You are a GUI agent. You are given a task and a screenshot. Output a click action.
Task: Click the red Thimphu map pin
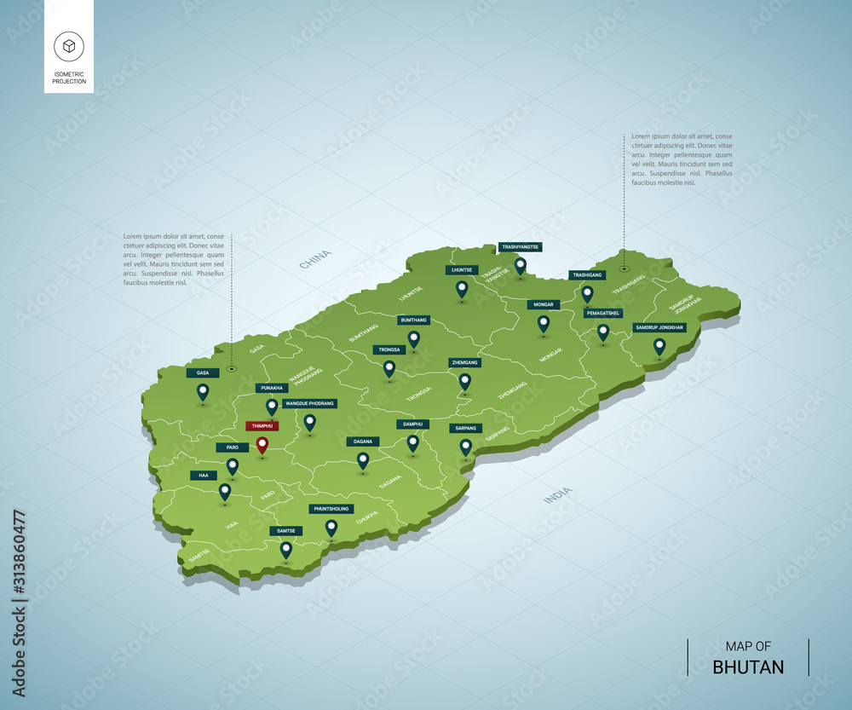262,444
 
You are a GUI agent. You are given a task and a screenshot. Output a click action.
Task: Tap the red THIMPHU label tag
260,425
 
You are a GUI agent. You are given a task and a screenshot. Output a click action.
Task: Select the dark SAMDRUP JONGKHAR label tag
659,327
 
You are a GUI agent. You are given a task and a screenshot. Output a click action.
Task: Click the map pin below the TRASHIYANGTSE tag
520,265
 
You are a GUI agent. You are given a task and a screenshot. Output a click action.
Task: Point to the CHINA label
315,259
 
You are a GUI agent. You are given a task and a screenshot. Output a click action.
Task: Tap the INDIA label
558,495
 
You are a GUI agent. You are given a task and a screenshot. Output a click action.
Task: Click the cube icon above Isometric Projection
68,46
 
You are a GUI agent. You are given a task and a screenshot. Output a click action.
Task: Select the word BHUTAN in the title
748,667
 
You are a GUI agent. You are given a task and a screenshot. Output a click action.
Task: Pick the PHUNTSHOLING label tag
331,509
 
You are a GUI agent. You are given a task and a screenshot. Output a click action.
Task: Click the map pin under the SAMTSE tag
286,549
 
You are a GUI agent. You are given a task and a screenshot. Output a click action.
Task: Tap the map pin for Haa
225,491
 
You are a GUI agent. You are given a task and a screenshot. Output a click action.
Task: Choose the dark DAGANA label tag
363,442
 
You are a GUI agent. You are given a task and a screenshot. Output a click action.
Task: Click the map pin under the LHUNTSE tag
462,289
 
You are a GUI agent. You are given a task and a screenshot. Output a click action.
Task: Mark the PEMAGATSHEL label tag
603,313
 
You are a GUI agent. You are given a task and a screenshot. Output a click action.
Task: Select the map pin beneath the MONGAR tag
544,323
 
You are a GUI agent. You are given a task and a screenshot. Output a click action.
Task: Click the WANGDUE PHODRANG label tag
310,403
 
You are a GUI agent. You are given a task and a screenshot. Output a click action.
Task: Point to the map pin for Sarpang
465,446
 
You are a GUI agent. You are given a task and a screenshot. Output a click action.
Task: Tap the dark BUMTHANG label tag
413,320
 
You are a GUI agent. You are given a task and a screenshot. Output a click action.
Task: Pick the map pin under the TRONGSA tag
389,368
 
